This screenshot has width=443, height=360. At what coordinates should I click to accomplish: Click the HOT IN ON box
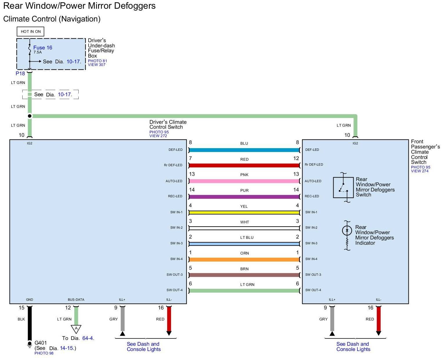tap(30, 31)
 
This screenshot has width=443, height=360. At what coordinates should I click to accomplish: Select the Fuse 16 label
tap(43, 48)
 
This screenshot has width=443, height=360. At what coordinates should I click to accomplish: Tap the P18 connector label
tap(20, 74)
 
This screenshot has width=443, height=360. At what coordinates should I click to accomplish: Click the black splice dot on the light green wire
tap(30, 116)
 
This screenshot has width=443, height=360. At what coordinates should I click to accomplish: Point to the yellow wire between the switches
tap(244, 212)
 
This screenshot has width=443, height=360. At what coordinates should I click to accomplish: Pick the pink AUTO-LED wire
tap(244, 181)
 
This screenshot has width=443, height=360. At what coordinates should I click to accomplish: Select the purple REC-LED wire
tap(244, 197)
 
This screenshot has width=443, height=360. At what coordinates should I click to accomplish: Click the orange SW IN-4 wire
tap(244, 259)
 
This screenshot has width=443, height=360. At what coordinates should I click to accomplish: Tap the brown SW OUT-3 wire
tap(244, 275)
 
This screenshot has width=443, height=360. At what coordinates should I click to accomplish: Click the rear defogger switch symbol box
tap(343, 187)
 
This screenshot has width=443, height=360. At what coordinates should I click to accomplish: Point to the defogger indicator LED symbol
tap(347, 231)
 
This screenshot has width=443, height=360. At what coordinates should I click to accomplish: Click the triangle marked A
tap(76, 329)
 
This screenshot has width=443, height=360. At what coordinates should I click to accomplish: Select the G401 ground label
tap(41, 343)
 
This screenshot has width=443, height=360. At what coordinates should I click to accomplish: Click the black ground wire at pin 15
tap(30, 323)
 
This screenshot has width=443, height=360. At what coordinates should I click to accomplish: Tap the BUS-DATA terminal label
tap(76, 300)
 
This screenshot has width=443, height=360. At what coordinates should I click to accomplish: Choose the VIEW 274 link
tap(419, 171)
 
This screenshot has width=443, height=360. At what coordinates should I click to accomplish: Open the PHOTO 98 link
tap(44, 353)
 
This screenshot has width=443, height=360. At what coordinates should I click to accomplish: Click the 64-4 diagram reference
tap(88, 338)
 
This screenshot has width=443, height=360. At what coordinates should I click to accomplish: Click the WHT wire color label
tap(244, 222)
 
